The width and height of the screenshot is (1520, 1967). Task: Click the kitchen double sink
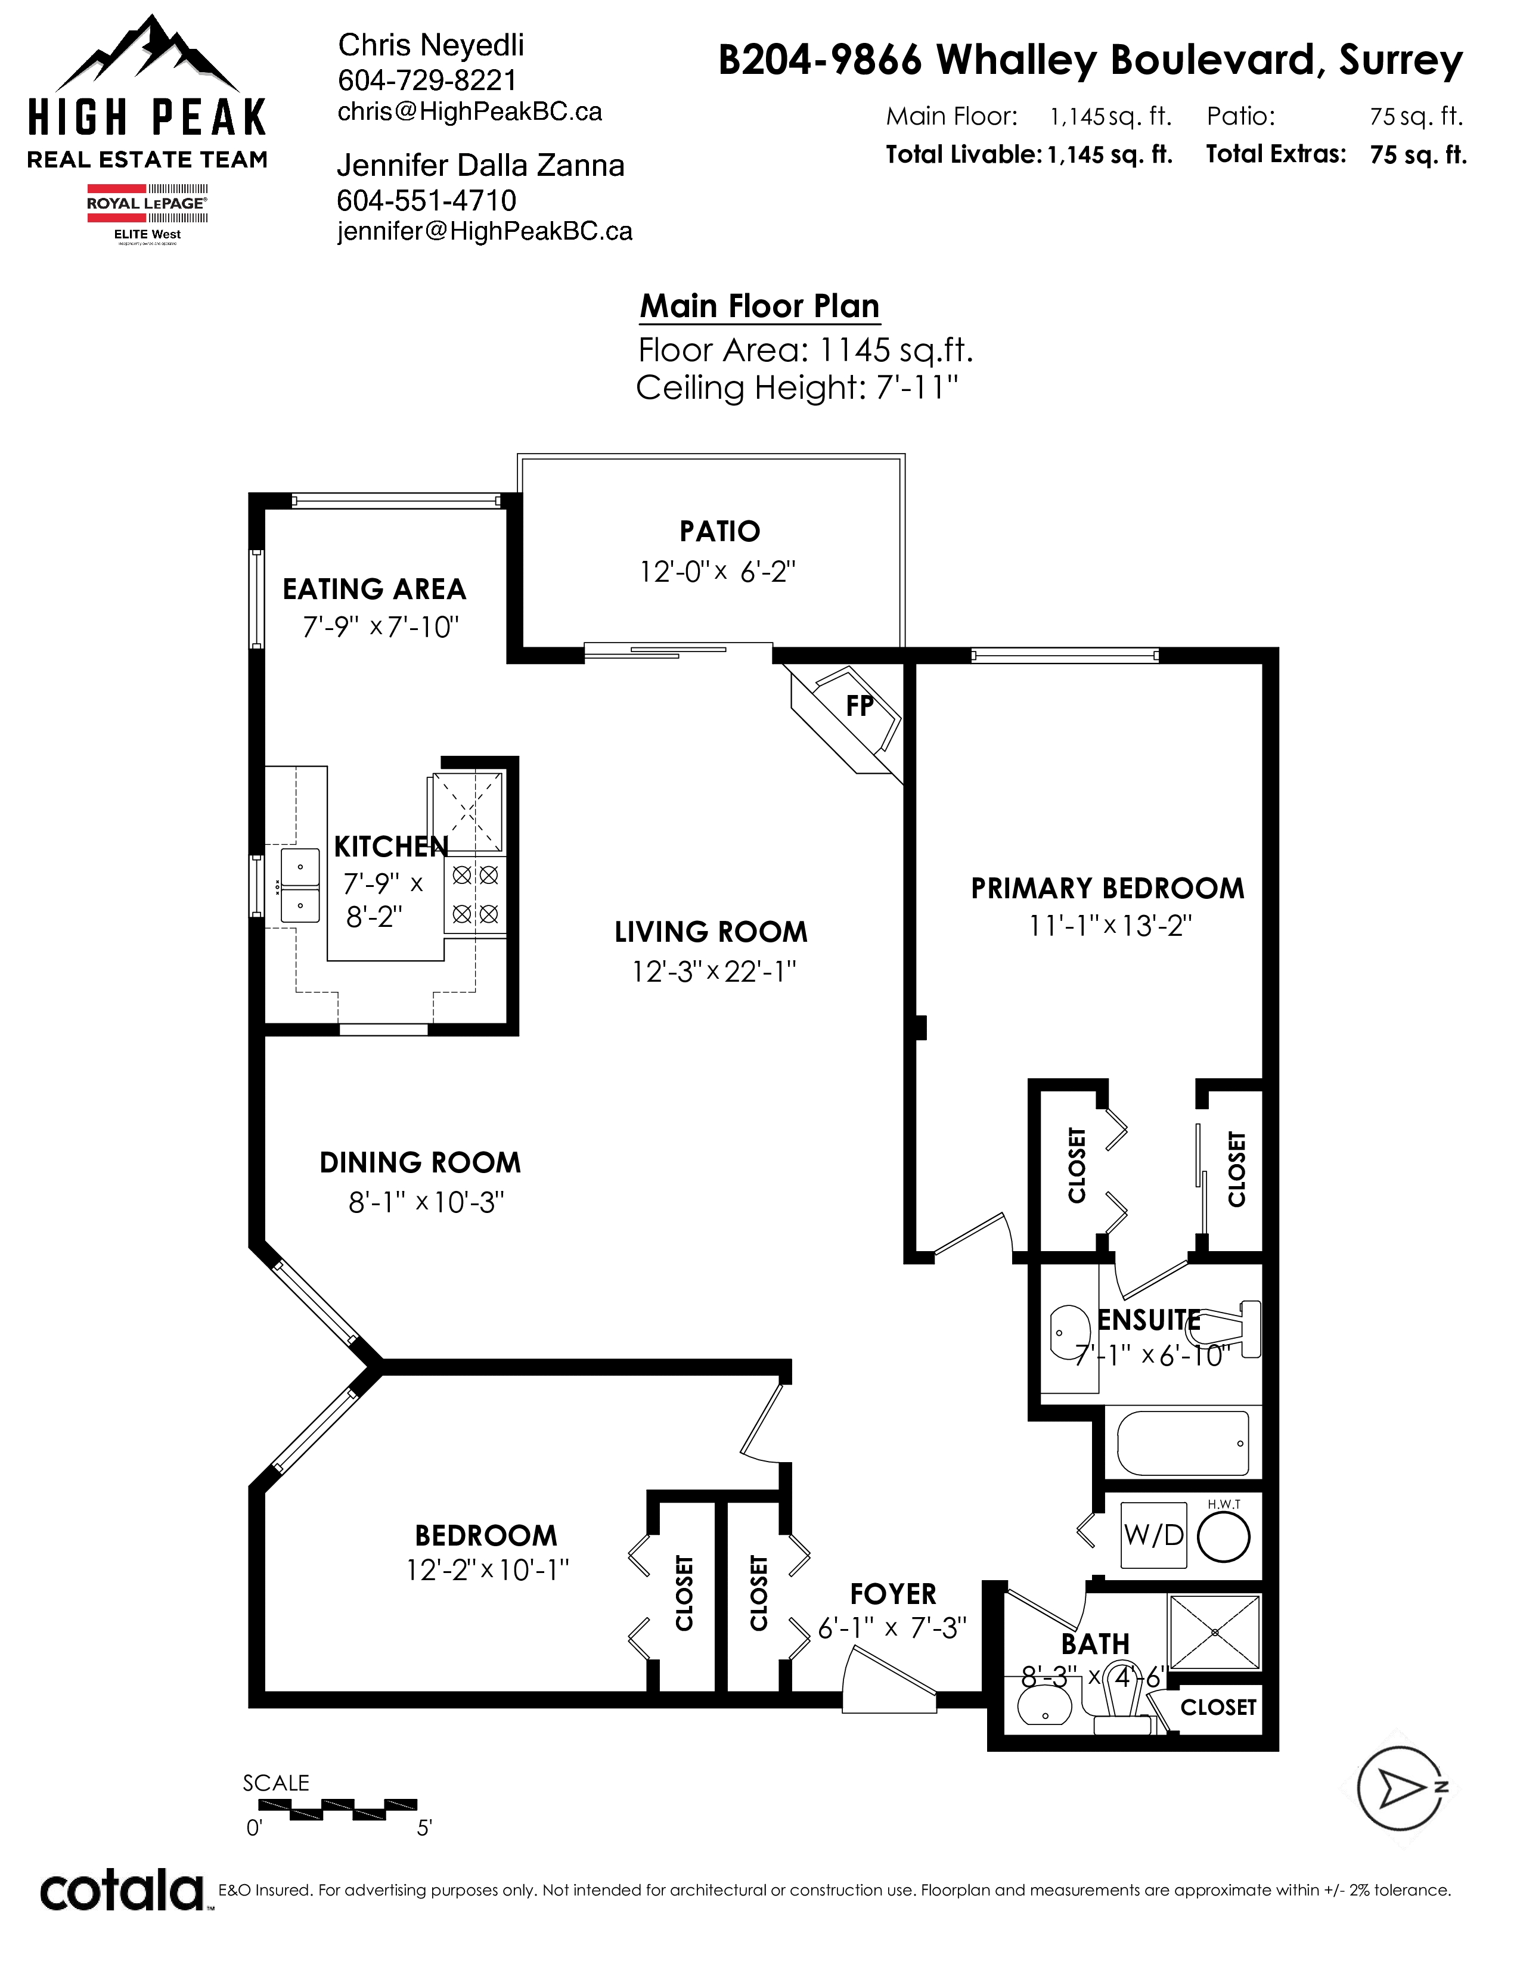point(300,885)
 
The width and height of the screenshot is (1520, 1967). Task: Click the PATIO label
point(719,531)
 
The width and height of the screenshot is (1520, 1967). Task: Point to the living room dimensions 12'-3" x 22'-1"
point(714,971)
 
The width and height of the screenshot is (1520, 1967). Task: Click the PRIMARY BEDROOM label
point(1108,888)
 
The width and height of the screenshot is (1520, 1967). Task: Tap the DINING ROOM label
point(420,1163)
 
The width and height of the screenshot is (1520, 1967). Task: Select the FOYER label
point(894,1594)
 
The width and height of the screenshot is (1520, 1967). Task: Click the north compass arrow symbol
point(1402,1788)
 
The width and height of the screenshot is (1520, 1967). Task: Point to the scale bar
point(337,1806)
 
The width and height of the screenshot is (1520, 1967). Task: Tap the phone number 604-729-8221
point(428,80)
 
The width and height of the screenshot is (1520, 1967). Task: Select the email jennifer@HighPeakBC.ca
point(485,231)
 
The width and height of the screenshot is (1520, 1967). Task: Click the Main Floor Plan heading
point(760,306)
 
